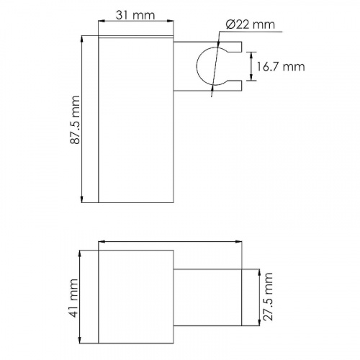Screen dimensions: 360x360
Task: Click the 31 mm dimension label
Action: point(135,15)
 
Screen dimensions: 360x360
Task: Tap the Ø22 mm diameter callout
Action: point(251,24)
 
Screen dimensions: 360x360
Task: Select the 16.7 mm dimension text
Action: point(281,66)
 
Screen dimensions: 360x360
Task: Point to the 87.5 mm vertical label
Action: point(75,120)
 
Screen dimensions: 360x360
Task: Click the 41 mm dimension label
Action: point(75,298)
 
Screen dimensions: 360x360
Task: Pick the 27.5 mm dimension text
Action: point(268,297)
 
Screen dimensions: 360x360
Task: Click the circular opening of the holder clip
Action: point(197,66)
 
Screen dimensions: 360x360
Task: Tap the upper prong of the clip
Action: point(234,47)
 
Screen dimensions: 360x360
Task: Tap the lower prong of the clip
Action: point(234,86)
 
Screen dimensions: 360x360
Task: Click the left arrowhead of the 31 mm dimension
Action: point(102,21)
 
